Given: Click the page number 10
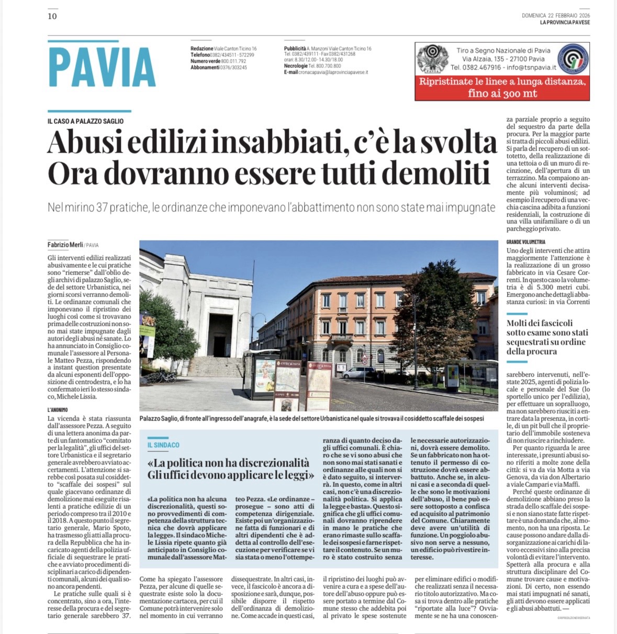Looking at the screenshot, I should (x=52, y=16).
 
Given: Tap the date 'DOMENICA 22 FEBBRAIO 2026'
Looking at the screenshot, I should (x=555, y=16).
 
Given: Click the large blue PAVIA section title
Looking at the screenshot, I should (x=102, y=67).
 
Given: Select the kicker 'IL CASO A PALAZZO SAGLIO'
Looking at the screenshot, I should (x=85, y=121).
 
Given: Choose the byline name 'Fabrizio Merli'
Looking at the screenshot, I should (x=65, y=245).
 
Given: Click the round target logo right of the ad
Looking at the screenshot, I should (x=573, y=59).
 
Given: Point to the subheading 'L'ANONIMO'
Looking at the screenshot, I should (x=58, y=410).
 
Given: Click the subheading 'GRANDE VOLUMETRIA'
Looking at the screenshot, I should (x=525, y=242).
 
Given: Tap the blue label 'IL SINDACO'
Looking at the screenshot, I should (x=163, y=445).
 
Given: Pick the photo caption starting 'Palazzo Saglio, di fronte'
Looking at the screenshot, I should (x=311, y=418).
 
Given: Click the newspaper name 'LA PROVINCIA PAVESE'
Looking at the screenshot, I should (x=565, y=22).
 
